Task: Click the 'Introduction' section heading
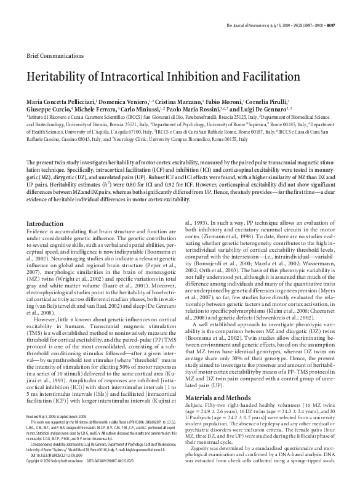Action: tap(46, 223)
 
